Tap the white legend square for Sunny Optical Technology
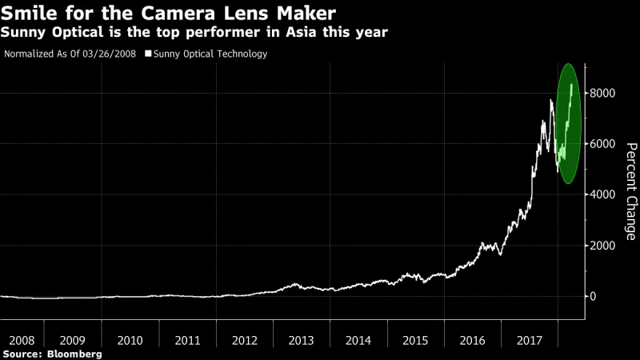pyautogui.click(x=147, y=54)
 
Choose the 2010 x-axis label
pyautogui.click(x=130, y=340)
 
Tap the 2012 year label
pyautogui.click(x=244, y=340)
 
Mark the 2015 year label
pyautogui.click(x=415, y=340)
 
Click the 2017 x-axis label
pyautogui.click(x=530, y=340)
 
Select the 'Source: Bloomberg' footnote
pyautogui.click(x=52, y=353)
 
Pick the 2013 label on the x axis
pyautogui.click(x=301, y=340)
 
